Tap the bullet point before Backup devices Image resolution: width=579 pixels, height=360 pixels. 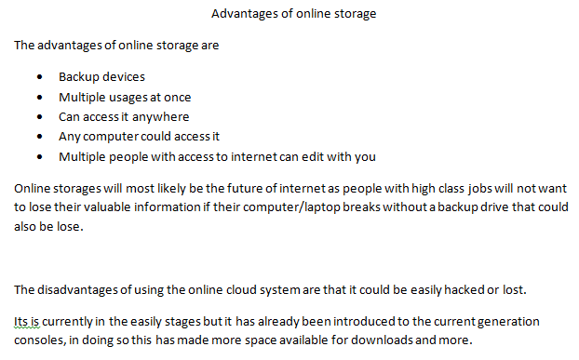pos(40,77)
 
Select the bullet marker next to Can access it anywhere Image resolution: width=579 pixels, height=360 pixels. pos(40,117)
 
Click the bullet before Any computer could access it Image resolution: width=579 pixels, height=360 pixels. pos(40,137)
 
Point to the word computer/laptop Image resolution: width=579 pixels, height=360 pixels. pos(291,207)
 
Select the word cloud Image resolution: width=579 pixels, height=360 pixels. pos(241,290)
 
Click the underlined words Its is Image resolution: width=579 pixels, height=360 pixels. pos(27,322)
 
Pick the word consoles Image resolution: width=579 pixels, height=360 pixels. pos(40,340)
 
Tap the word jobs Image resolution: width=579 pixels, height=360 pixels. pos(479,189)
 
